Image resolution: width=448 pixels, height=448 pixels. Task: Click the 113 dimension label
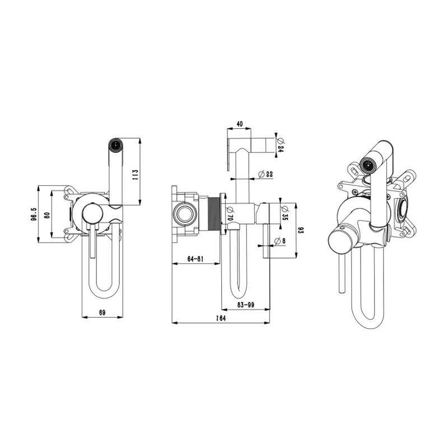136,175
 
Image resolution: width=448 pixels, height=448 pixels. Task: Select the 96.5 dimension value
35,214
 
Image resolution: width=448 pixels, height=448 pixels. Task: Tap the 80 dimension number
47,215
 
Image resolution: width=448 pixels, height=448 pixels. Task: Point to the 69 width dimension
102,312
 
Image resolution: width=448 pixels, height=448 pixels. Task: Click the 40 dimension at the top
240,124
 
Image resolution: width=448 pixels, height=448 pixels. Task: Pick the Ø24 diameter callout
280,146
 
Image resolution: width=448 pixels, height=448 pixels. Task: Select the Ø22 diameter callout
265,174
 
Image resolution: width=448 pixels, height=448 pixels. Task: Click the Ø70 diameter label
230,213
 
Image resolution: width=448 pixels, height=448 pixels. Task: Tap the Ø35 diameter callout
284,213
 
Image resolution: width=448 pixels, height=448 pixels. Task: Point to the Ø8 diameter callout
279,241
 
